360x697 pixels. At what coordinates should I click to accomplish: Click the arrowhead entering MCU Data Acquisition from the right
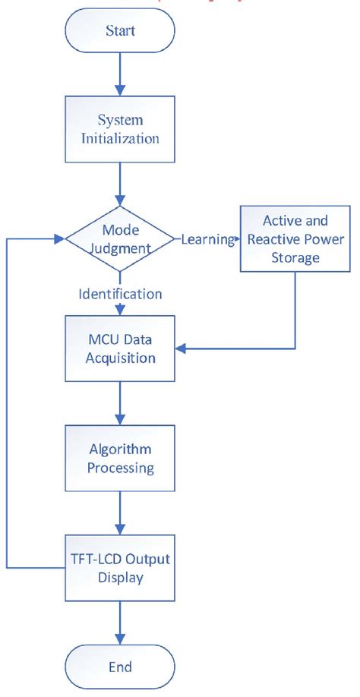coord(181,349)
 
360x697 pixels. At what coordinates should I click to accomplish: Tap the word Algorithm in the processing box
coord(120,448)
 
